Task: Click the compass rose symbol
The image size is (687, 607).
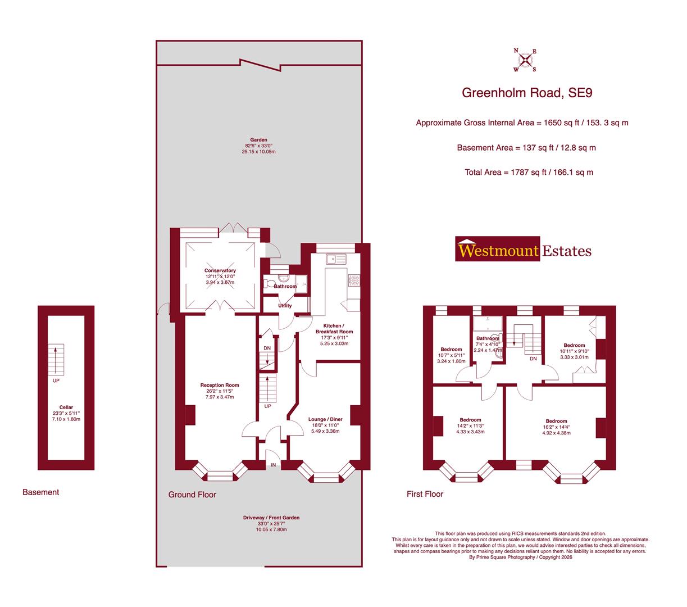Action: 525,60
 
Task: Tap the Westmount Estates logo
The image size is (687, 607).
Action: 523,250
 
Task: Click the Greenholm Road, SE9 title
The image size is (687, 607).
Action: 526,93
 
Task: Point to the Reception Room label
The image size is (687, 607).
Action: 220,386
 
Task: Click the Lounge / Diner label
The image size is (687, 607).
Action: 325,419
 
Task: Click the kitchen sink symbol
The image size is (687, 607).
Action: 337,259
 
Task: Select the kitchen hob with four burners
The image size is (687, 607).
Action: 354,279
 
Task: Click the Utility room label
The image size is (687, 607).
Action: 285,306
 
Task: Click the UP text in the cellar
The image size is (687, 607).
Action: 56,380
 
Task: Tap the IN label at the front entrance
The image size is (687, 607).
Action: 274,465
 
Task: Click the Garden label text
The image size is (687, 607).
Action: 259,140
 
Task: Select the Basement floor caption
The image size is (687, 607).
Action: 40,492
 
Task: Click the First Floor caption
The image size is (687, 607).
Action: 425,495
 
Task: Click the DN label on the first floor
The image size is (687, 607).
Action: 533,359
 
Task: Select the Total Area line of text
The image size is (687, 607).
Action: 529,173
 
